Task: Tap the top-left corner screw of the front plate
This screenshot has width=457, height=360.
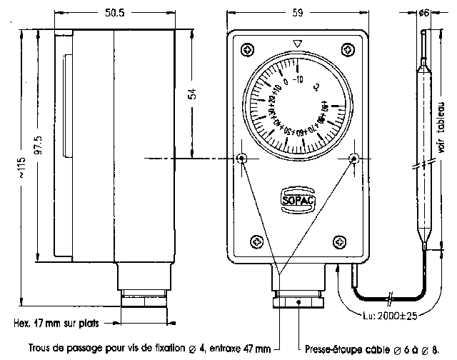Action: (x=247, y=49)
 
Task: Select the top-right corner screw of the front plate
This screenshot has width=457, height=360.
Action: (x=348, y=49)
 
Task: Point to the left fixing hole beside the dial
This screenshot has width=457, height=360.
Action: (x=243, y=158)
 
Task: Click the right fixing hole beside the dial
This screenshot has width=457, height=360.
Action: (x=352, y=158)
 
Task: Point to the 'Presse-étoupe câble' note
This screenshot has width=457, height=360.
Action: (x=372, y=350)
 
